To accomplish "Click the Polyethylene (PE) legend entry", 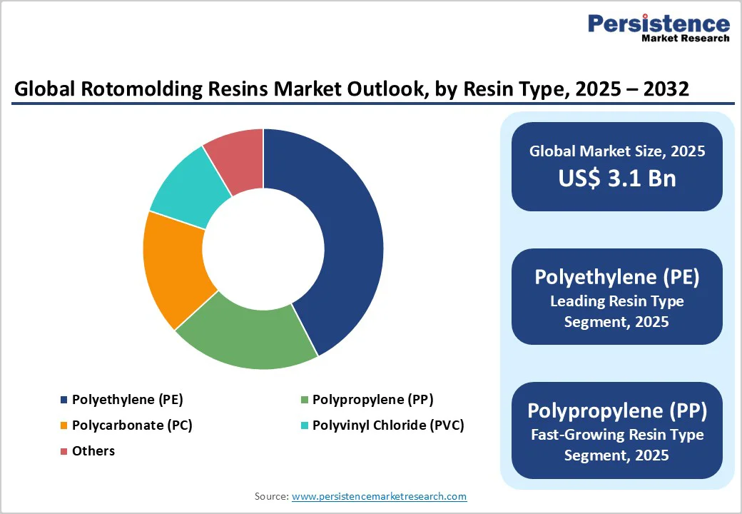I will click(x=122, y=400).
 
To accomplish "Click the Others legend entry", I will click(x=93, y=451).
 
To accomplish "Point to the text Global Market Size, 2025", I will click(x=616, y=151).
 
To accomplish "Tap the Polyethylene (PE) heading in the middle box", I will click(x=616, y=277).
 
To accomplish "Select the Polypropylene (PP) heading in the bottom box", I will click(x=616, y=410).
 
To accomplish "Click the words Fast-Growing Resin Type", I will click(x=616, y=434).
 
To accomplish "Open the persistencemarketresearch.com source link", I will click(x=379, y=496).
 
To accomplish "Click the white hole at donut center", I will click(x=263, y=249).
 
